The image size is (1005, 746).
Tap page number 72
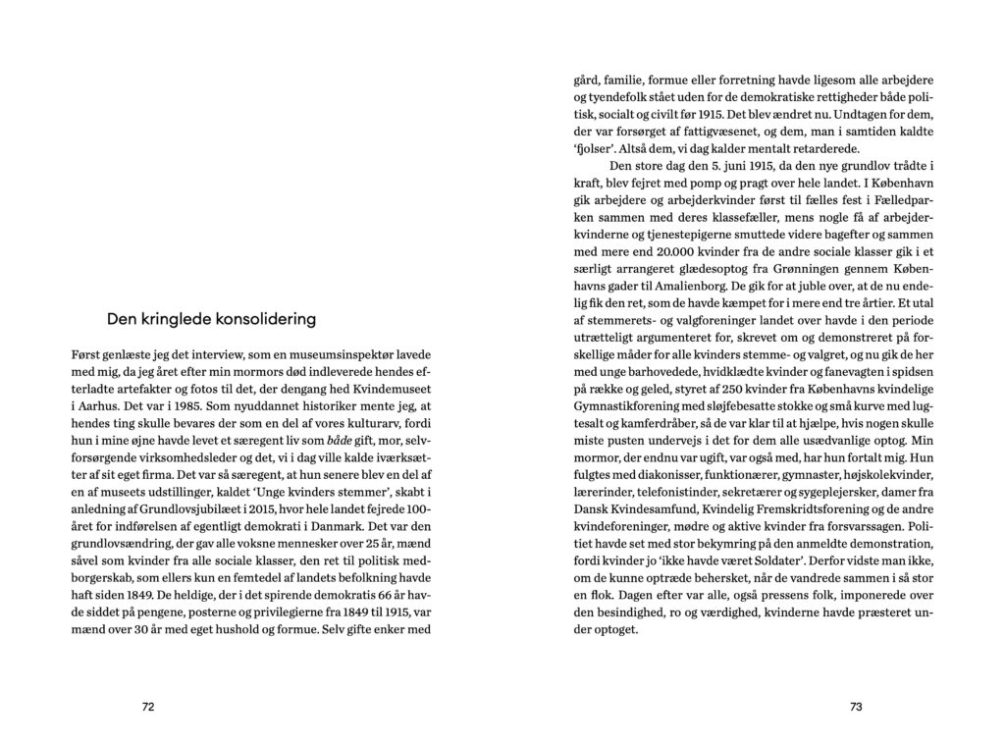pyautogui.click(x=148, y=706)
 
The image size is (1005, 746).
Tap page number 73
pyautogui.click(x=855, y=706)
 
